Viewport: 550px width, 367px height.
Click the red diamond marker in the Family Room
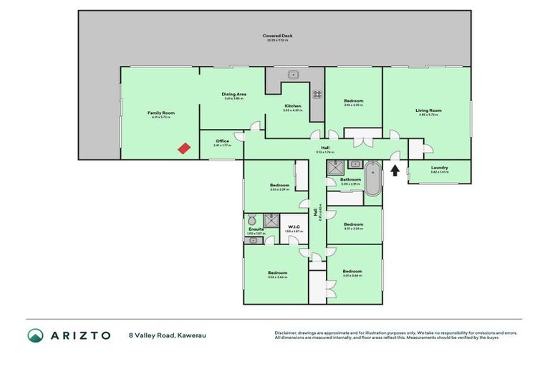click(184, 148)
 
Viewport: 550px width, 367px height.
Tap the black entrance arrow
click(394, 168)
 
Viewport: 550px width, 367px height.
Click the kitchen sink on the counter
click(294, 75)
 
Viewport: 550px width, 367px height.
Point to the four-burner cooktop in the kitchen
click(316, 94)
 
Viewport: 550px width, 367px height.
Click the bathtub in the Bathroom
click(372, 179)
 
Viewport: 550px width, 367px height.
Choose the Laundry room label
click(439, 169)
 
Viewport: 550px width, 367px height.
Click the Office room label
click(222, 141)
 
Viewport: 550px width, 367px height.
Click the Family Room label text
click(161, 113)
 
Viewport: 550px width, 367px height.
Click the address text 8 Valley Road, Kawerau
click(168, 335)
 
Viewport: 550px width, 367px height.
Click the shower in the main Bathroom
click(335, 168)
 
